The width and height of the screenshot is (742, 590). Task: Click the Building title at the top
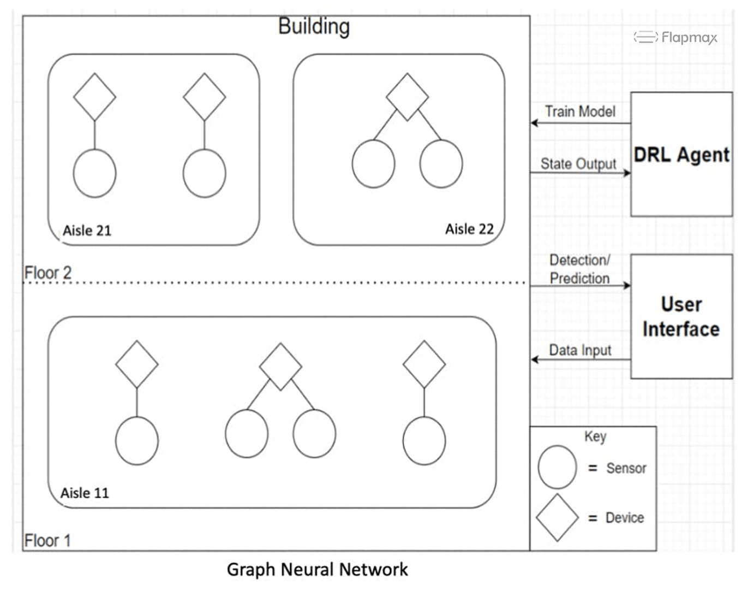coord(314,26)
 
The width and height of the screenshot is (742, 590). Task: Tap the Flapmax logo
coord(676,37)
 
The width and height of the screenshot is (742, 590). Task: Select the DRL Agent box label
coord(681,155)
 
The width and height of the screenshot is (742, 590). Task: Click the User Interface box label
coord(681,317)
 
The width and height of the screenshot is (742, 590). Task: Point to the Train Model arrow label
coord(580,111)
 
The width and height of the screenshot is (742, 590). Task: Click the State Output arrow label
coord(578,164)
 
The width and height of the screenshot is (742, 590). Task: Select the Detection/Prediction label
coord(579,269)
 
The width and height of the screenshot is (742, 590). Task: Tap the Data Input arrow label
coord(580,350)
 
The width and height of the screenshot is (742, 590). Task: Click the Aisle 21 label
coord(87,231)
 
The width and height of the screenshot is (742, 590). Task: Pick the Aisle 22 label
coord(469,229)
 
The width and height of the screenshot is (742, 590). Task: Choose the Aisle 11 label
coord(85,493)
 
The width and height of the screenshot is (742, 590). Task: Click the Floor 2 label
coord(48,273)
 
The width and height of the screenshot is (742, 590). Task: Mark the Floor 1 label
coord(47,540)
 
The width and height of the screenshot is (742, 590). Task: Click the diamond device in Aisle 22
coord(407,97)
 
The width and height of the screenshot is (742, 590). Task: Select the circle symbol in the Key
coord(557,467)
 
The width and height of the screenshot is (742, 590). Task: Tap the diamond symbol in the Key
coord(557,517)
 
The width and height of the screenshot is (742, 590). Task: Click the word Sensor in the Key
coord(626,468)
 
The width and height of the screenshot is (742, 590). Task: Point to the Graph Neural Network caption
coord(317,569)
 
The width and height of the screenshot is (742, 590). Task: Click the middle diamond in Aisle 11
coord(280,367)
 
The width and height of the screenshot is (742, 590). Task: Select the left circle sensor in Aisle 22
coord(374,164)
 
